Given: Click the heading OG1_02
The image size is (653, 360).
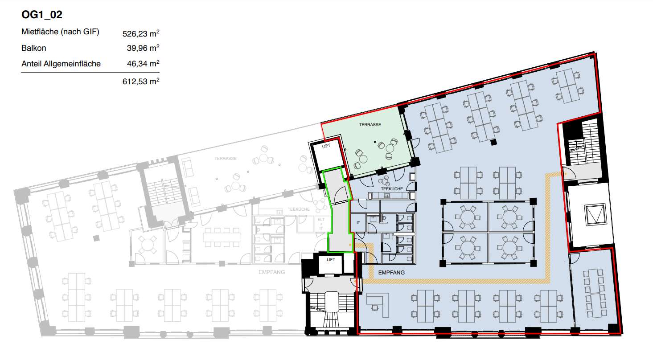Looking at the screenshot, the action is click(x=42, y=15).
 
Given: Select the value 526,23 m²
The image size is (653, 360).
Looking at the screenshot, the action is click(x=141, y=33).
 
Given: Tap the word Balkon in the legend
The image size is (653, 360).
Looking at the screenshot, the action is click(x=33, y=48).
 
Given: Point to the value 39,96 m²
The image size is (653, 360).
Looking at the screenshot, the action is click(x=143, y=48).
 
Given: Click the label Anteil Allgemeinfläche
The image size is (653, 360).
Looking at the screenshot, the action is click(x=61, y=64).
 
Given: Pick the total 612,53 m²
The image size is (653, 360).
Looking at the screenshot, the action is click(x=141, y=82).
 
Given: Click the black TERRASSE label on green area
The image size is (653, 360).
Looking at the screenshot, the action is click(x=370, y=124).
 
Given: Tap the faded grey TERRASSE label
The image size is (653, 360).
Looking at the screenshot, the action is click(x=226, y=159).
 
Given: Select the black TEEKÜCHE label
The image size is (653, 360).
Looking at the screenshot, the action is click(x=392, y=188).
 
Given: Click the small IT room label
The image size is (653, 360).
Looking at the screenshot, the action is click(x=358, y=222).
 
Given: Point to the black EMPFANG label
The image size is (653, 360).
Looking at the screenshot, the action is click(x=391, y=273).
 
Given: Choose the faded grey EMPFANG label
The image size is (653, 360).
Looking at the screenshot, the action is click(x=271, y=272).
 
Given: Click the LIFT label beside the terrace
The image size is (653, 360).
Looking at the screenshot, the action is click(x=326, y=146).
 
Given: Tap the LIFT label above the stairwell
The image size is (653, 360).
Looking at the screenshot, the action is click(x=331, y=259).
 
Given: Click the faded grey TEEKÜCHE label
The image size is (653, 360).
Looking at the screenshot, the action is click(x=299, y=209).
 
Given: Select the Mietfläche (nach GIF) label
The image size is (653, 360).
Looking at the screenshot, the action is click(x=60, y=32).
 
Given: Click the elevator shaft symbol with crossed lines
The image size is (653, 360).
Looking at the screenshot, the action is click(x=596, y=214).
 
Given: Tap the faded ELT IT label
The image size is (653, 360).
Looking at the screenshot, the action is click(x=321, y=224).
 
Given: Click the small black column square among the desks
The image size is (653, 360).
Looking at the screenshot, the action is click(x=493, y=142).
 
